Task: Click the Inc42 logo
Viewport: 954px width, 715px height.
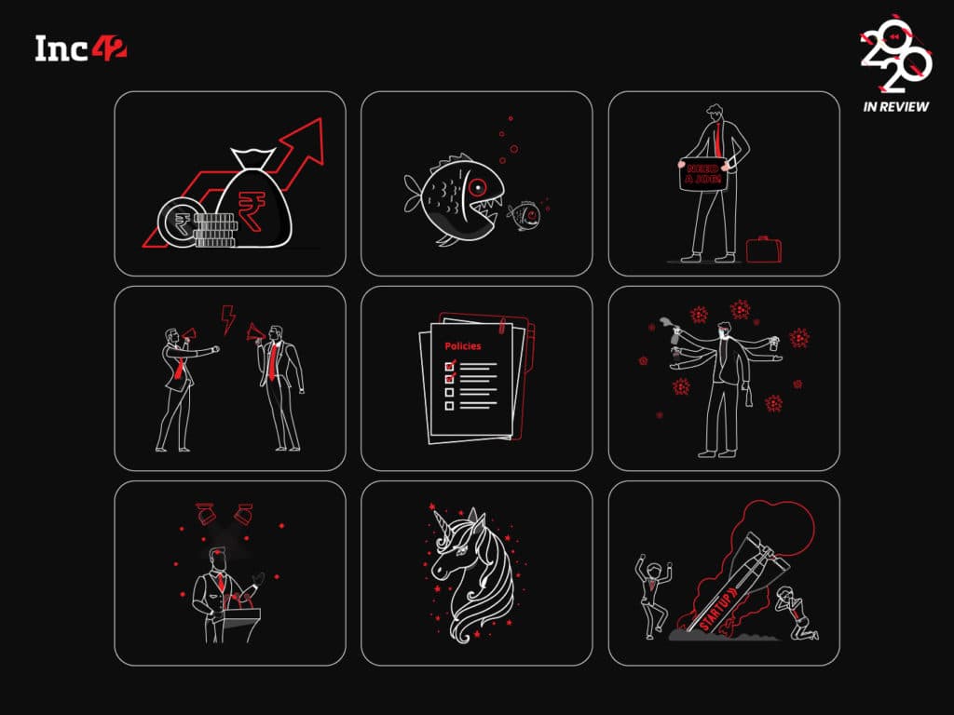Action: point(81,48)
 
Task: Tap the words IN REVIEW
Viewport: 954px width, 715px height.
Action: point(895,106)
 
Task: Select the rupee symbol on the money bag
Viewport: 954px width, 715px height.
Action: point(252,209)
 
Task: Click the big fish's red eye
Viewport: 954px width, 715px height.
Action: point(478,186)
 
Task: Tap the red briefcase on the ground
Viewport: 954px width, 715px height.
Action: point(764,250)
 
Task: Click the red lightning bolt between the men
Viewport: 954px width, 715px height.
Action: point(228,319)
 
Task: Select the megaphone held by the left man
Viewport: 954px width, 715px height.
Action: point(188,334)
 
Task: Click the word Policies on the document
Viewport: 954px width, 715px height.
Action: point(462,346)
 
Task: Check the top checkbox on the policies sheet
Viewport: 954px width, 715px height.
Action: point(450,365)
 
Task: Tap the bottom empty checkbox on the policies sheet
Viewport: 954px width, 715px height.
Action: point(450,406)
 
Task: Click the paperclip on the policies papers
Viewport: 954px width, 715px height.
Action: point(502,325)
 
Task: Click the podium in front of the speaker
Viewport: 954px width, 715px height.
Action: point(241,622)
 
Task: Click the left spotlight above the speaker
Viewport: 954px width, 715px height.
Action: point(205,513)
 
